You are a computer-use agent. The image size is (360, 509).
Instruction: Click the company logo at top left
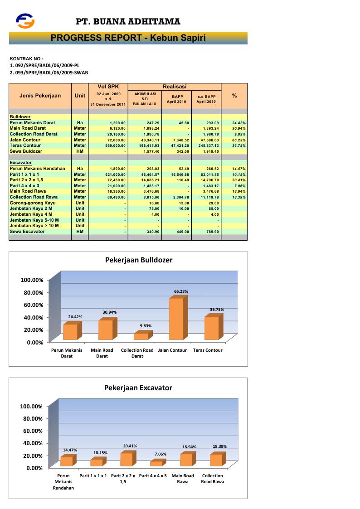pyautogui.click(x=25, y=20)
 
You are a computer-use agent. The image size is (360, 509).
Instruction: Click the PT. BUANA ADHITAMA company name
pyautogui.click(x=128, y=21)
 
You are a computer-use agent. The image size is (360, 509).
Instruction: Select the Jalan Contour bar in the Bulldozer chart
pyautogui.click(x=176, y=319)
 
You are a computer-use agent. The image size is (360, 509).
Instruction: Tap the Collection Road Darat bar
pyautogui.click(x=141, y=336)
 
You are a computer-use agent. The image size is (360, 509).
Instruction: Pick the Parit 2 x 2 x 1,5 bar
pyautogui.click(x=126, y=459)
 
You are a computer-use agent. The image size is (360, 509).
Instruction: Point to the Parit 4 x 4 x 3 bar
pyautogui.click(x=156, y=463)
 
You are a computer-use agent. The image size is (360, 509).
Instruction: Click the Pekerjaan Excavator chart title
pyautogui.click(x=138, y=388)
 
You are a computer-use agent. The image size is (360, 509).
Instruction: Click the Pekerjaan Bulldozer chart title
pyautogui.click(x=139, y=260)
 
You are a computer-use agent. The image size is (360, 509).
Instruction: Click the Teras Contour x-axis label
pyautogui.click(x=208, y=350)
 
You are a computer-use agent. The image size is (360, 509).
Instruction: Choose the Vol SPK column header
pyautogui.click(x=108, y=87)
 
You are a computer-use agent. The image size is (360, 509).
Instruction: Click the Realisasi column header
pyautogui.click(x=175, y=87)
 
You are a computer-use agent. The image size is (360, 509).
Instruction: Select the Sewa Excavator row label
pyautogui.click(x=27, y=232)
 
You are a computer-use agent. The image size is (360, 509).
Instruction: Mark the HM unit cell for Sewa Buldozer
pyautogui.click(x=80, y=151)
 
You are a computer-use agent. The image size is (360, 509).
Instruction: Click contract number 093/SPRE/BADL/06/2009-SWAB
pyautogui.click(x=49, y=72)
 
